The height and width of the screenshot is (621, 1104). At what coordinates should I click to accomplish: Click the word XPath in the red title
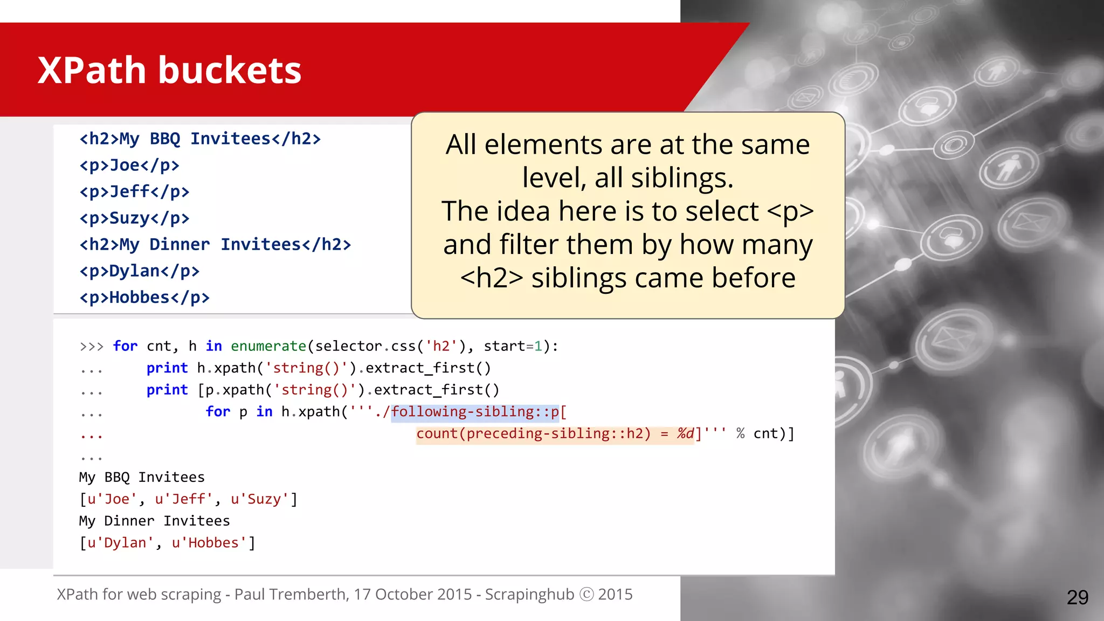[91, 71]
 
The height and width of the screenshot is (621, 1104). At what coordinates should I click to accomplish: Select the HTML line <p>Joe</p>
[129, 165]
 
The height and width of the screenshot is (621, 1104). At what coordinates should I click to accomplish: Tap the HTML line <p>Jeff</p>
[134, 192]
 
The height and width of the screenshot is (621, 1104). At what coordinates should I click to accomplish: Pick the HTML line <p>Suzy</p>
[134, 218]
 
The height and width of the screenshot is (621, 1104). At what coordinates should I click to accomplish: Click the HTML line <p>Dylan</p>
[139, 271]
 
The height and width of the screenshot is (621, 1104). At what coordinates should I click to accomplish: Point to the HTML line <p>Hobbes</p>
[144, 298]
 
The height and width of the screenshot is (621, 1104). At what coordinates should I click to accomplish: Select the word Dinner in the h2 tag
[180, 245]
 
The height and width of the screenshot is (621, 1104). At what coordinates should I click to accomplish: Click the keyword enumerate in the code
[268, 346]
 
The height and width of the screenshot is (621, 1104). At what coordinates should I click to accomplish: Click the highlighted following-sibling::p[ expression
[479, 412]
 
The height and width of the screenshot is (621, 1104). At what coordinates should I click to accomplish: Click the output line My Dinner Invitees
[154, 521]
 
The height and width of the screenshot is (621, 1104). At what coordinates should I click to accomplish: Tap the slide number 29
[1077, 597]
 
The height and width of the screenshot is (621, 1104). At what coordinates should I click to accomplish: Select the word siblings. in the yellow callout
[682, 178]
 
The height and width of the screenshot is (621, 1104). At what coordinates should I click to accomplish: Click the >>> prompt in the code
[91, 347]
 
